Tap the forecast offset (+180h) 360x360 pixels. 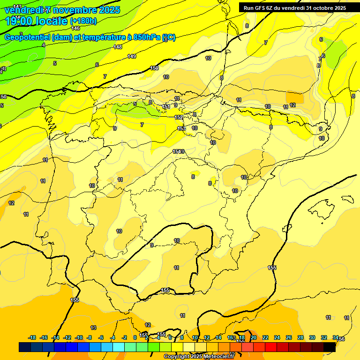[83, 21]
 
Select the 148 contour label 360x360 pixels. [118, 47]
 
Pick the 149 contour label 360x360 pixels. [132, 56]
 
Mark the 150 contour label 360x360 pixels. [154, 68]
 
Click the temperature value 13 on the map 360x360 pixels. [93, 328]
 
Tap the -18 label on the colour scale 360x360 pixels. [32, 337]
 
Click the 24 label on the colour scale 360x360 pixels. [277, 337]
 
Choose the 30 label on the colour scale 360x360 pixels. [312, 337]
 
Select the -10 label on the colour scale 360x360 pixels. [79, 337]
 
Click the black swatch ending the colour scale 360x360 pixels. [330, 347]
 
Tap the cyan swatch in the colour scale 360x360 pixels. [118, 347]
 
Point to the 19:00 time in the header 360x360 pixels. [21, 21]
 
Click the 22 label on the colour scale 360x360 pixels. [265, 337]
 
